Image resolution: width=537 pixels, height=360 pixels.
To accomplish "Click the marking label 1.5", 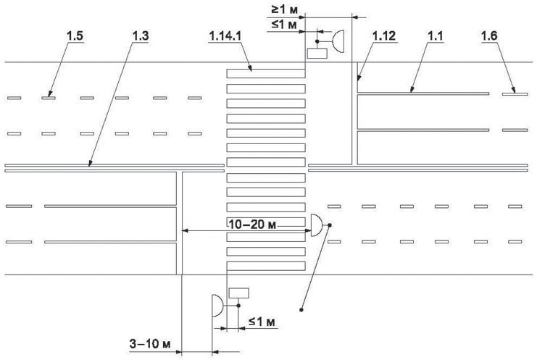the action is click(75, 36).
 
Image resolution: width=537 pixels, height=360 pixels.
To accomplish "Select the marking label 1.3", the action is click(141, 36).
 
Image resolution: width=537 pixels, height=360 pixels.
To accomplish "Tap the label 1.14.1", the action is click(225, 36).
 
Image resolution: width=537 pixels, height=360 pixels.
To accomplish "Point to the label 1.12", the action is click(384, 36).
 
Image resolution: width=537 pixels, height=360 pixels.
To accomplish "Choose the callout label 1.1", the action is click(435, 36).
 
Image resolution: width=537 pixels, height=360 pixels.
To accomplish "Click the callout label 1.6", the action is click(489, 36).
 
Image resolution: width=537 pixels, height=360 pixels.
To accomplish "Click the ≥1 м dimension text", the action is click(284, 9).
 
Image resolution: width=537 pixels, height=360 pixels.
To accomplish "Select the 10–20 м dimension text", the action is click(252, 225).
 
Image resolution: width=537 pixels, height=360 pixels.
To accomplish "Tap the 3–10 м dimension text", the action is click(150, 343).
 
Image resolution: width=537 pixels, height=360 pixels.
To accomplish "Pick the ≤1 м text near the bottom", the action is click(262, 322).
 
